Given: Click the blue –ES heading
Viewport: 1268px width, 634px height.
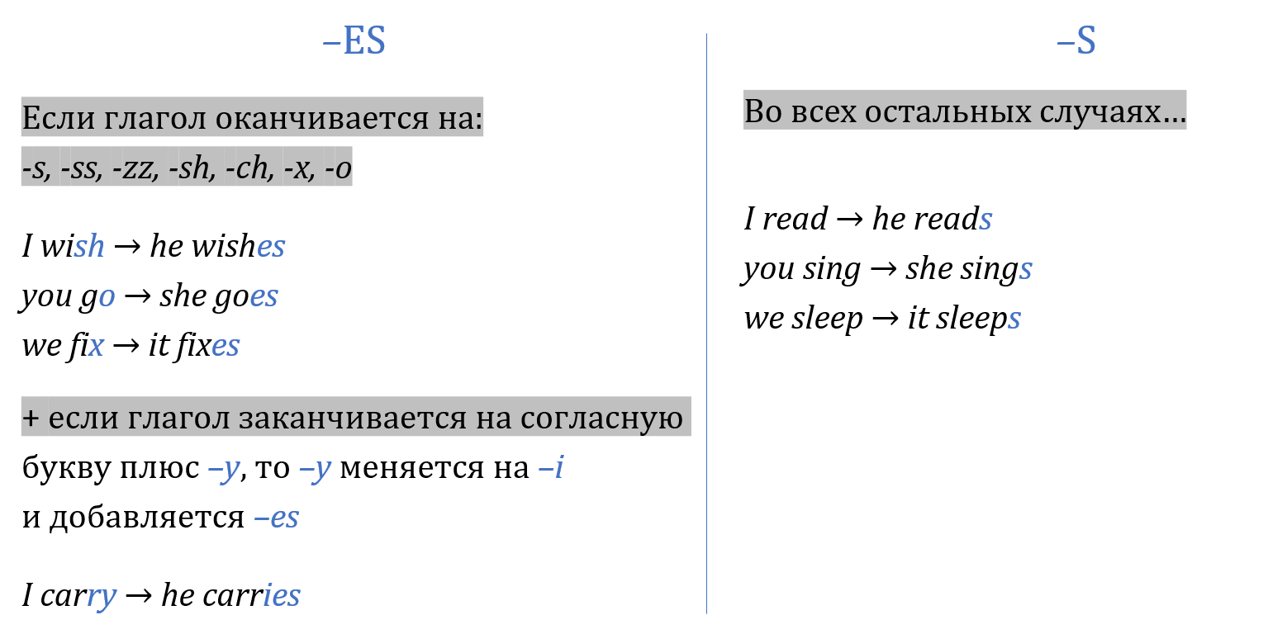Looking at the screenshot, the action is (354, 40).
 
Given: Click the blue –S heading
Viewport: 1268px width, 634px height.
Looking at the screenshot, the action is (1076, 40).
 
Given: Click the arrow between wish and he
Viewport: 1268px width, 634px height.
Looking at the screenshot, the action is (127, 247).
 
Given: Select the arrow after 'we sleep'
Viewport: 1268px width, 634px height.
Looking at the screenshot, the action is (886, 319).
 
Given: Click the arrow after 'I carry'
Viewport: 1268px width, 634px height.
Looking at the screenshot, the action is (139, 596).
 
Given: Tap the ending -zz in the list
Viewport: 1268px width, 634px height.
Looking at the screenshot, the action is (135, 168).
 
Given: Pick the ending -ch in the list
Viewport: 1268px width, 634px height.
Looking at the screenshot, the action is (249, 168).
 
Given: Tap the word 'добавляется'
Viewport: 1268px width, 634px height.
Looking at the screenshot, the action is (147, 518).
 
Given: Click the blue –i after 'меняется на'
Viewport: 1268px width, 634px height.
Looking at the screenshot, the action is (551, 467).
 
